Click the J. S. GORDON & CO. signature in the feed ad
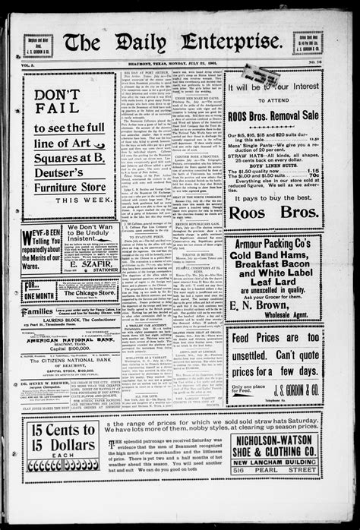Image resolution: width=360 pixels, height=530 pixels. [x=295, y=395]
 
